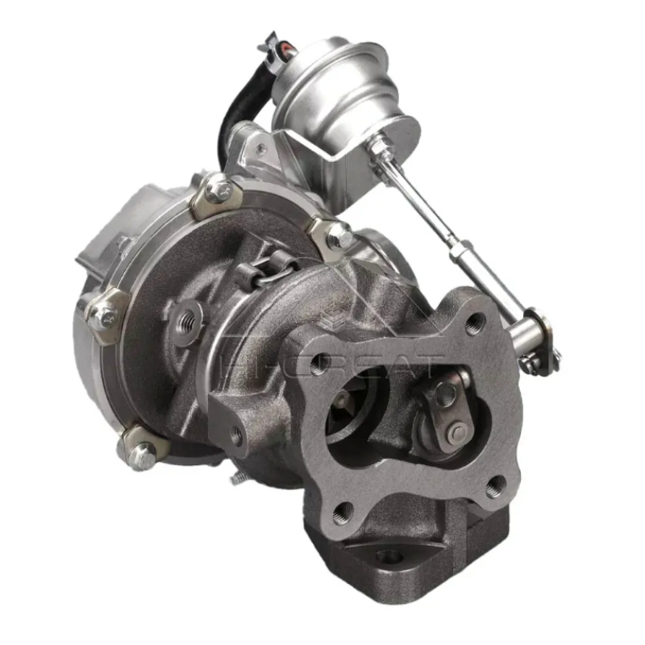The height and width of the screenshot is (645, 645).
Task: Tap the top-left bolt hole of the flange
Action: pos(321,363)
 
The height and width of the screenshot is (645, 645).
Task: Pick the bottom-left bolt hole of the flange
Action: pos(343,510)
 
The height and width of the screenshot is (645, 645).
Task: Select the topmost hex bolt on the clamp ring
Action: pos(218,191)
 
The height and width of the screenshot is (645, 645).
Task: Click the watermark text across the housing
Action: pos(355,363)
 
